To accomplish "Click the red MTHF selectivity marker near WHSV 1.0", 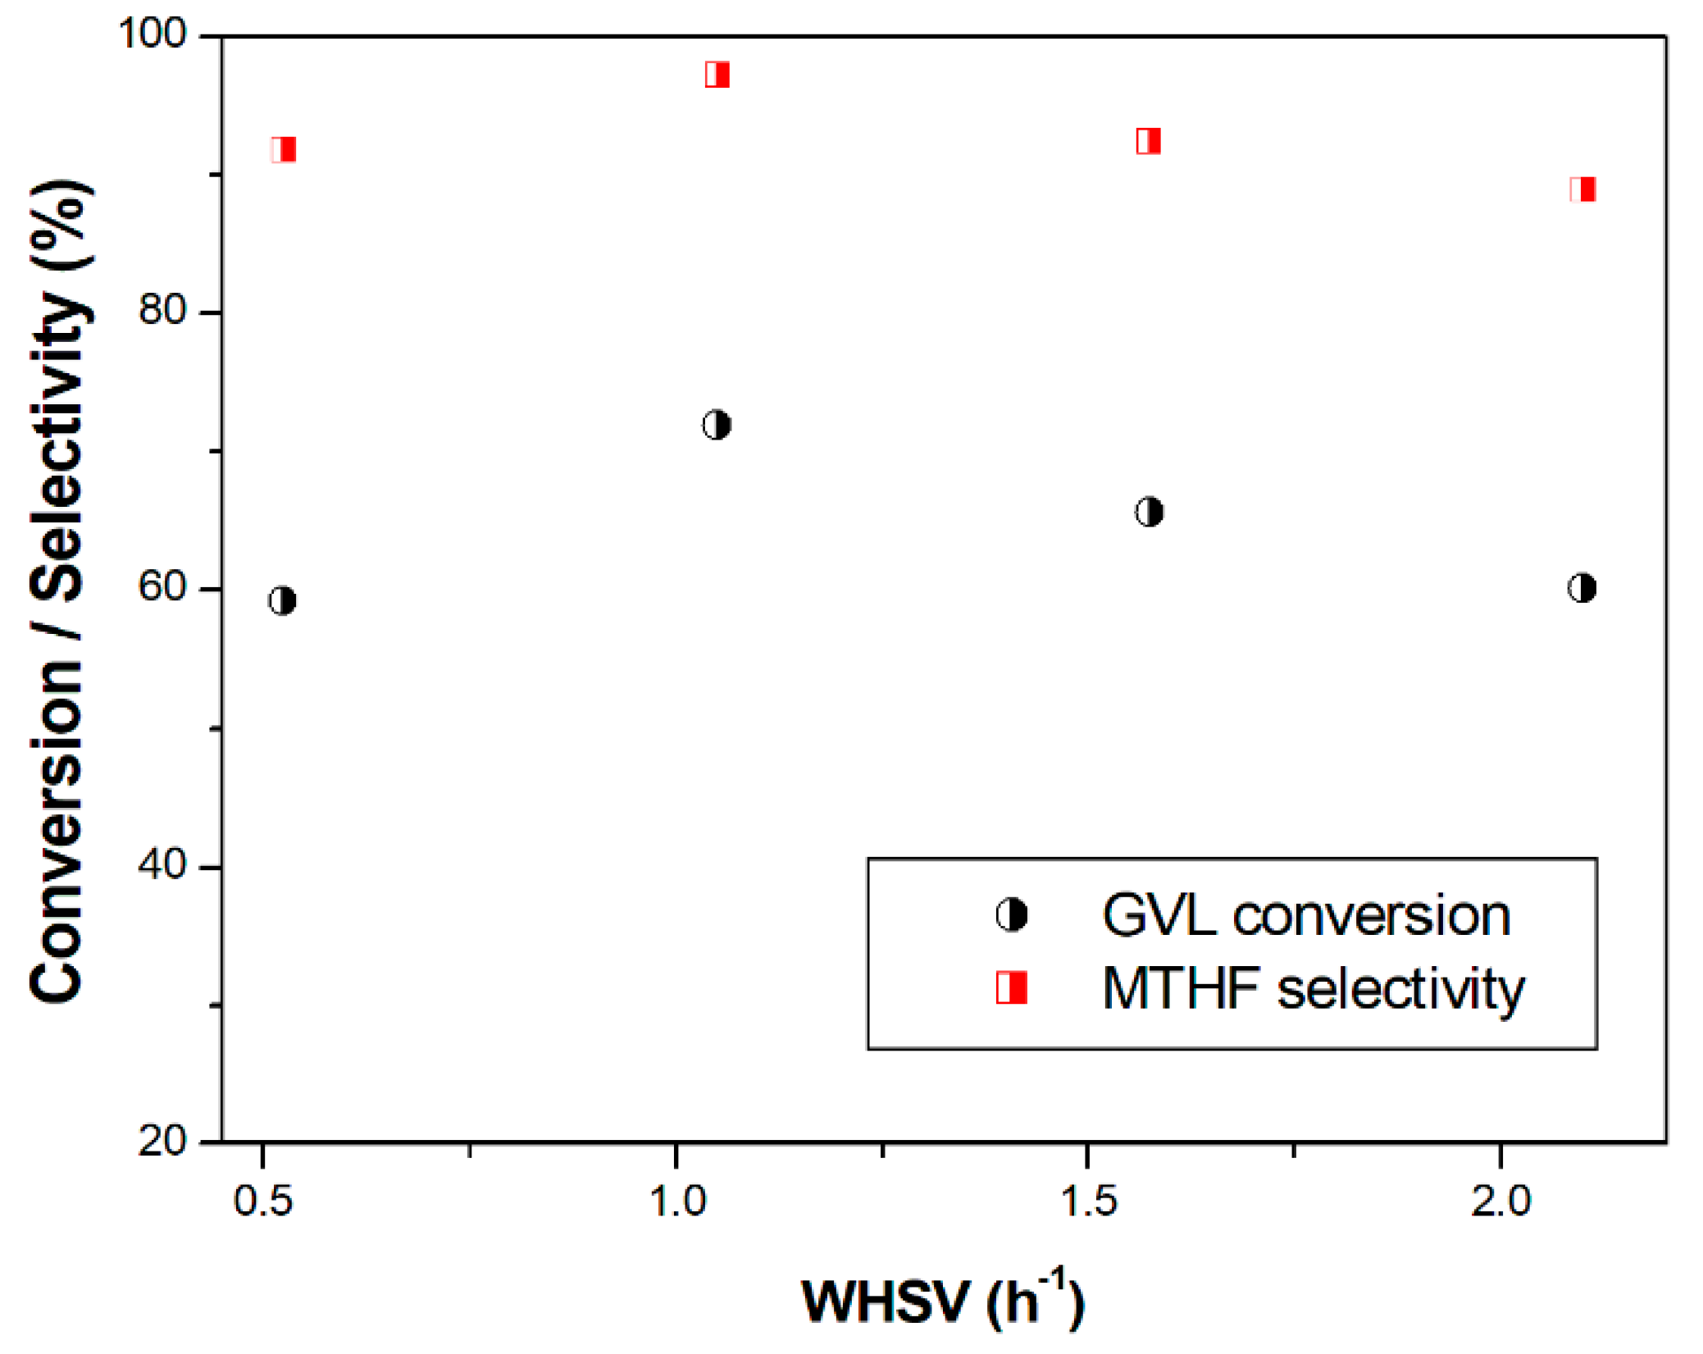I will click(x=717, y=75).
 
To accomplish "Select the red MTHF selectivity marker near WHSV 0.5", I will click(x=283, y=149).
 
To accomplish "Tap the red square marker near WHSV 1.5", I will click(x=1148, y=141).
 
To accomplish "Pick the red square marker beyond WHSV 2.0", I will click(x=1582, y=189).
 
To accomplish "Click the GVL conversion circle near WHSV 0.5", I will click(x=282, y=601).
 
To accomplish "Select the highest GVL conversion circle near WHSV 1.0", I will click(x=717, y=425).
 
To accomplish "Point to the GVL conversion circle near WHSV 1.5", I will click(x=1149, y=512).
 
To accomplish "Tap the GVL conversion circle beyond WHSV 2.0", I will click(x=1582, y=588).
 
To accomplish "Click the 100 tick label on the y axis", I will click(x=153, y=34).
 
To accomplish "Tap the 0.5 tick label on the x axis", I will click(x=262, y=1201).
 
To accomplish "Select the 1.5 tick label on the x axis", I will click(x=1088, y=1201).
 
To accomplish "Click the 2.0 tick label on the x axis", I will click(x=1500, y=1201).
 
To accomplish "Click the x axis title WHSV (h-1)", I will click(x=943, y=1302).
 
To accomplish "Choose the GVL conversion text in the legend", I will click(x=1305, y=915).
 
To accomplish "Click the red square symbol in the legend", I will click(x=1011, y=987).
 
